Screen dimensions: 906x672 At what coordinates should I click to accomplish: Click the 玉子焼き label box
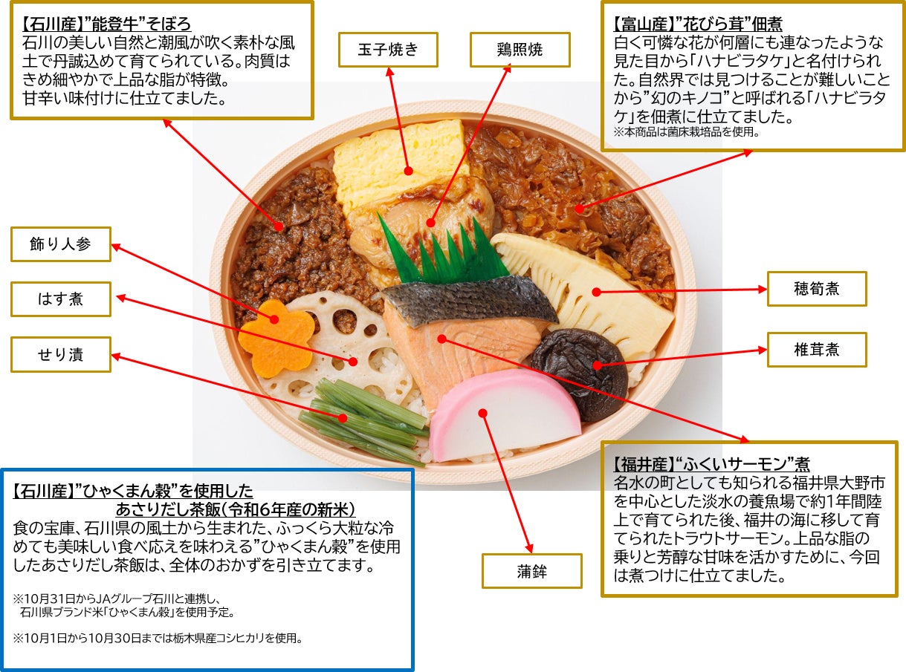click(x=388, y=50)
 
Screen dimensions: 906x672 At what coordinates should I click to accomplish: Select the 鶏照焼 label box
click(x=520, y=50)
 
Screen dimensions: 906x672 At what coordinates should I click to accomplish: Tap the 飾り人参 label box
click(x=61, y=244)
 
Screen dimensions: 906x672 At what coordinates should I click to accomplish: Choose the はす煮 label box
click(x=61, y=299)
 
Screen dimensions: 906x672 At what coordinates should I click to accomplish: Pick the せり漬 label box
click(x=61, y=354)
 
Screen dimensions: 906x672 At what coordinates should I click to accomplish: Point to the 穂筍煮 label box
click(x=817, y=289)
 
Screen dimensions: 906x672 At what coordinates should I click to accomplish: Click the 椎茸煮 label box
click(x=817, y=350)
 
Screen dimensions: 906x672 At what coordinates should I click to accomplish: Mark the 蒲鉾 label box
click(x=532, y=571)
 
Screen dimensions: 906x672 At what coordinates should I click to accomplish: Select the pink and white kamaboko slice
click(x=505, y=414)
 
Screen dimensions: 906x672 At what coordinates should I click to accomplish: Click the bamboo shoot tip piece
click(x=582, y=292)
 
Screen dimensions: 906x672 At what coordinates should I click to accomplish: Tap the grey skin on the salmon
click(x=470, y=300)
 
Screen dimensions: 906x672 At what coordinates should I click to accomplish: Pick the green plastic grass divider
click(x=443, y=251)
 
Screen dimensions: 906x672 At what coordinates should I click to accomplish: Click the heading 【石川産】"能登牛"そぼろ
click(x=106, y=24)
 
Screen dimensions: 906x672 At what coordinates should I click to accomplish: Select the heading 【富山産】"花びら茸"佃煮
click(x=698, y=24)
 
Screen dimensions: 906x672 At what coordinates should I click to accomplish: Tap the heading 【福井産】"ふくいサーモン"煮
click(x=711, y=464)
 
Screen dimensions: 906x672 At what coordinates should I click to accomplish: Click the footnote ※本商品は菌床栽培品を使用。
click(x=686, y=132)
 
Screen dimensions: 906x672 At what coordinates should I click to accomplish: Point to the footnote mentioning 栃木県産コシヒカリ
click(x=158, y=638)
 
